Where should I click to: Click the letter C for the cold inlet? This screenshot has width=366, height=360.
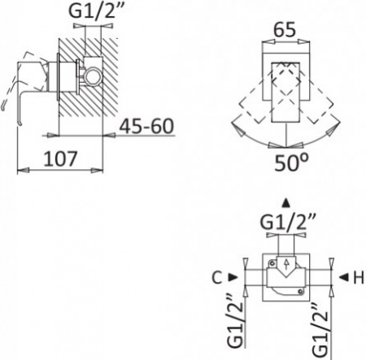click(x=216, y=278)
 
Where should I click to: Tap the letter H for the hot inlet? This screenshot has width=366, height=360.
click(x=356, y=278)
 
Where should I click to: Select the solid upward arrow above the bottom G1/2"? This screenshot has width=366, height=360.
click(x=283, y=202)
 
